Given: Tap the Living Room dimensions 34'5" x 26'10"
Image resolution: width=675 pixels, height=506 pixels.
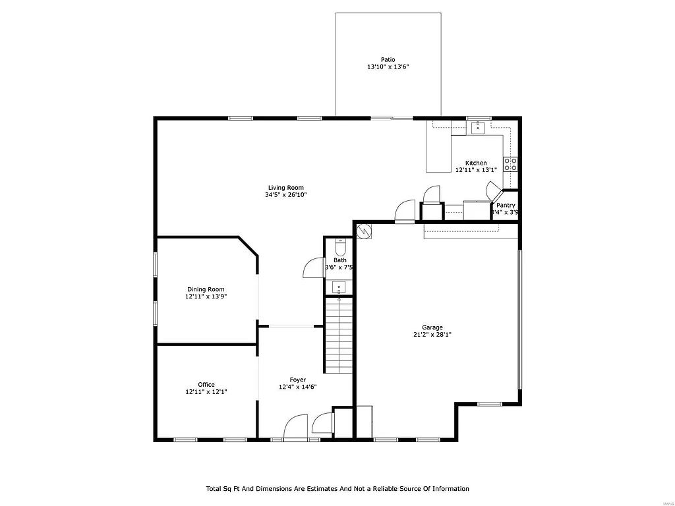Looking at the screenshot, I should point(286,194).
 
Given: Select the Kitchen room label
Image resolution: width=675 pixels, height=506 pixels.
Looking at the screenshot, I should point(476,163).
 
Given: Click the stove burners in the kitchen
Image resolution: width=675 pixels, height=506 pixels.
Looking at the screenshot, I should point(510,164).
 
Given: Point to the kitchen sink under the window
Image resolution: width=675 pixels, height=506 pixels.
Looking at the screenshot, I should point(477,127).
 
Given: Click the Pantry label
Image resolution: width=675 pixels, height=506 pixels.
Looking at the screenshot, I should point(506,205).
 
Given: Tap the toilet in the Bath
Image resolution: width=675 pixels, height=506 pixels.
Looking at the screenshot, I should point(339,248).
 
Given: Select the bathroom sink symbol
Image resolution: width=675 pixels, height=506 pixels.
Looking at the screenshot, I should point(339,287).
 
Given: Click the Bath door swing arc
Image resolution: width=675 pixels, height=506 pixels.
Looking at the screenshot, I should point(312,268).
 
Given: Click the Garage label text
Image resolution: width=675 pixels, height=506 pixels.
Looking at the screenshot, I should point(432,327).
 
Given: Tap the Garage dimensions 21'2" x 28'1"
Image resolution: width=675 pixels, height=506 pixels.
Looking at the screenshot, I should point(432,335).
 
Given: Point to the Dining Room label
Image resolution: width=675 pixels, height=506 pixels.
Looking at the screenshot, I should point(205,289).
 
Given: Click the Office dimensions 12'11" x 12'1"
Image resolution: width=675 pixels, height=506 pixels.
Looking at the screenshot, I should point(206,392).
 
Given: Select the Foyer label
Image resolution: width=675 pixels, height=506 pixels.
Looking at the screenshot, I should point(298,379).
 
